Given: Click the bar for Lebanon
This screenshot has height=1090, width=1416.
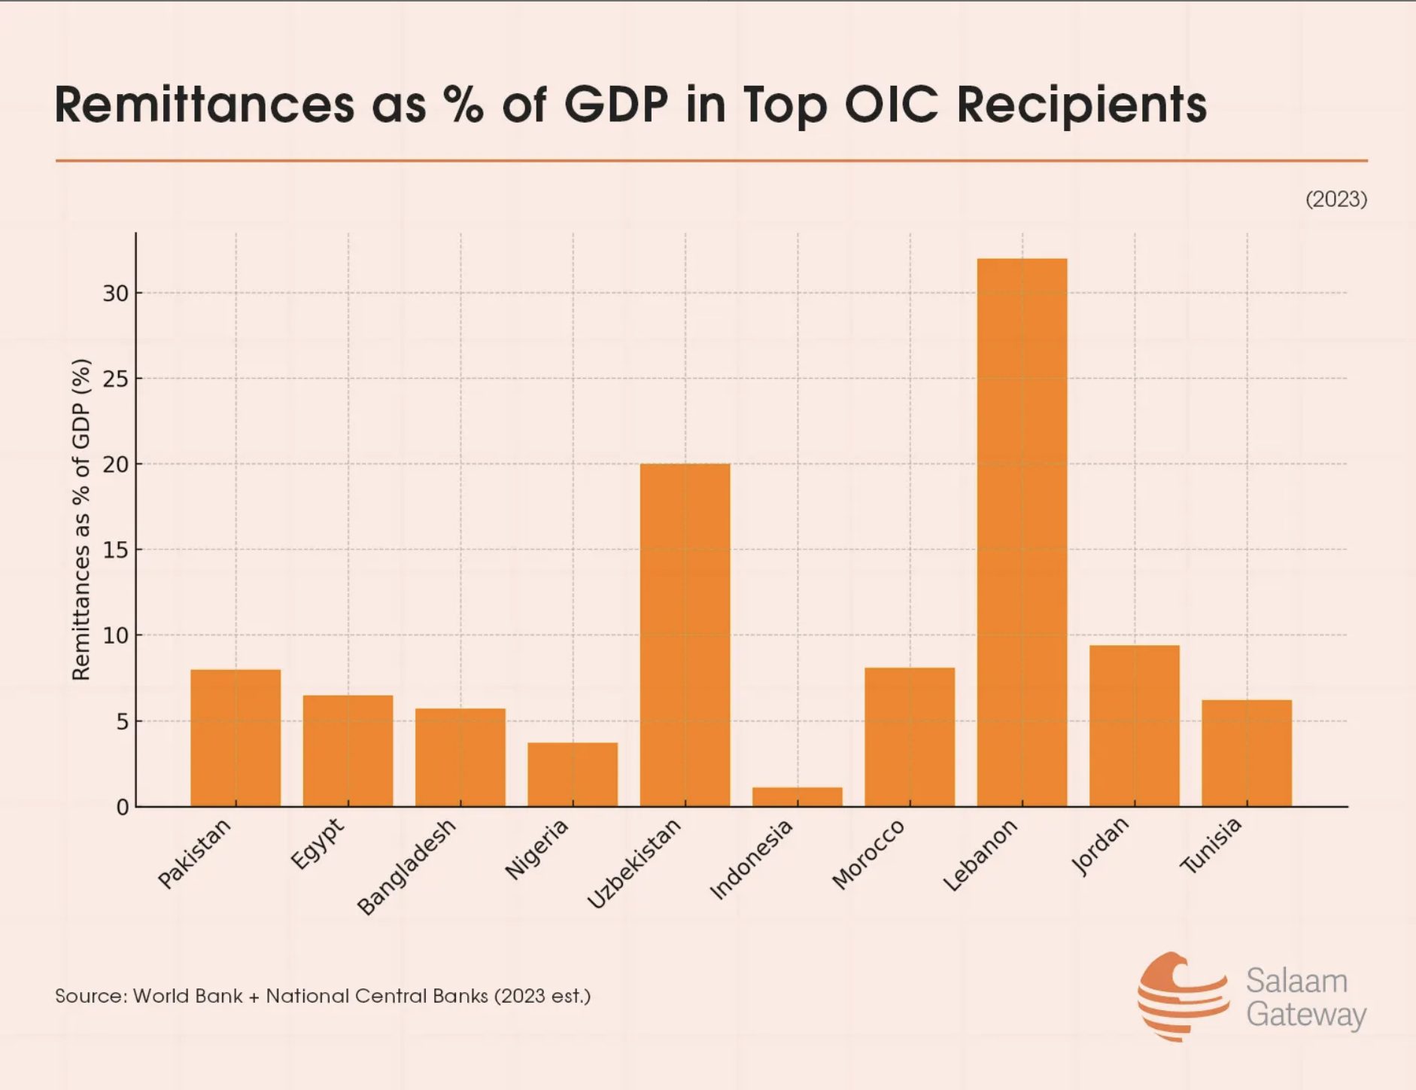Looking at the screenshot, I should click(x=1022, y=532).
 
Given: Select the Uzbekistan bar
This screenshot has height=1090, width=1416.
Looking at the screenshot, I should click(x=685, y=635).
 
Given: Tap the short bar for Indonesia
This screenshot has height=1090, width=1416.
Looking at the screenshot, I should click(x=798, y=796).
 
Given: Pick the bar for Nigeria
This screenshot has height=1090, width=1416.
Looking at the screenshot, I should click(x=573, y=775).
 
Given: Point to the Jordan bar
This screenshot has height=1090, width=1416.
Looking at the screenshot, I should click(x=1134, y=726).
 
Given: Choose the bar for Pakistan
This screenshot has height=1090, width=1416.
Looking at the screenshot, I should click(x=235, y=738).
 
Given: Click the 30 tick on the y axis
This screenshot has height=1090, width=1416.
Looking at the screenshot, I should click(x=116, y=294).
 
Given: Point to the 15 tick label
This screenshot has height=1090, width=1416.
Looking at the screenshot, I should click(x=116, y=550).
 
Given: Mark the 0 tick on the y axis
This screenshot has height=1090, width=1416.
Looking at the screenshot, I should click(x=123, y=808).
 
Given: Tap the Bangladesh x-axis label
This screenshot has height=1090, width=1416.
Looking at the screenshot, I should click(x=407, y=866).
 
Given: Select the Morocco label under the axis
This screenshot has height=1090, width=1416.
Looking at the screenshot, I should click(x=868, y=854).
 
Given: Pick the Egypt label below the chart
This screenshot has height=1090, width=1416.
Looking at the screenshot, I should click(x=318, y=843).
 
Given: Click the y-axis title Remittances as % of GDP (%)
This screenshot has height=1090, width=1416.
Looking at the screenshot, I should click(x=81, y=519).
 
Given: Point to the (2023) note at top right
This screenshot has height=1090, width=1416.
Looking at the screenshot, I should click(x=1336, y=199).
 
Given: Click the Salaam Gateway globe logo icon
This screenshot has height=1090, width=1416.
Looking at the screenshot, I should click(x=1181, y=995).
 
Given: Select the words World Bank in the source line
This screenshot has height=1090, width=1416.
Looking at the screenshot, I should click(x=187, y=996).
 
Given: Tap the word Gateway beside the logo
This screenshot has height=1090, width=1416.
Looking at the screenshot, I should click(x=1305, y=1014).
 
